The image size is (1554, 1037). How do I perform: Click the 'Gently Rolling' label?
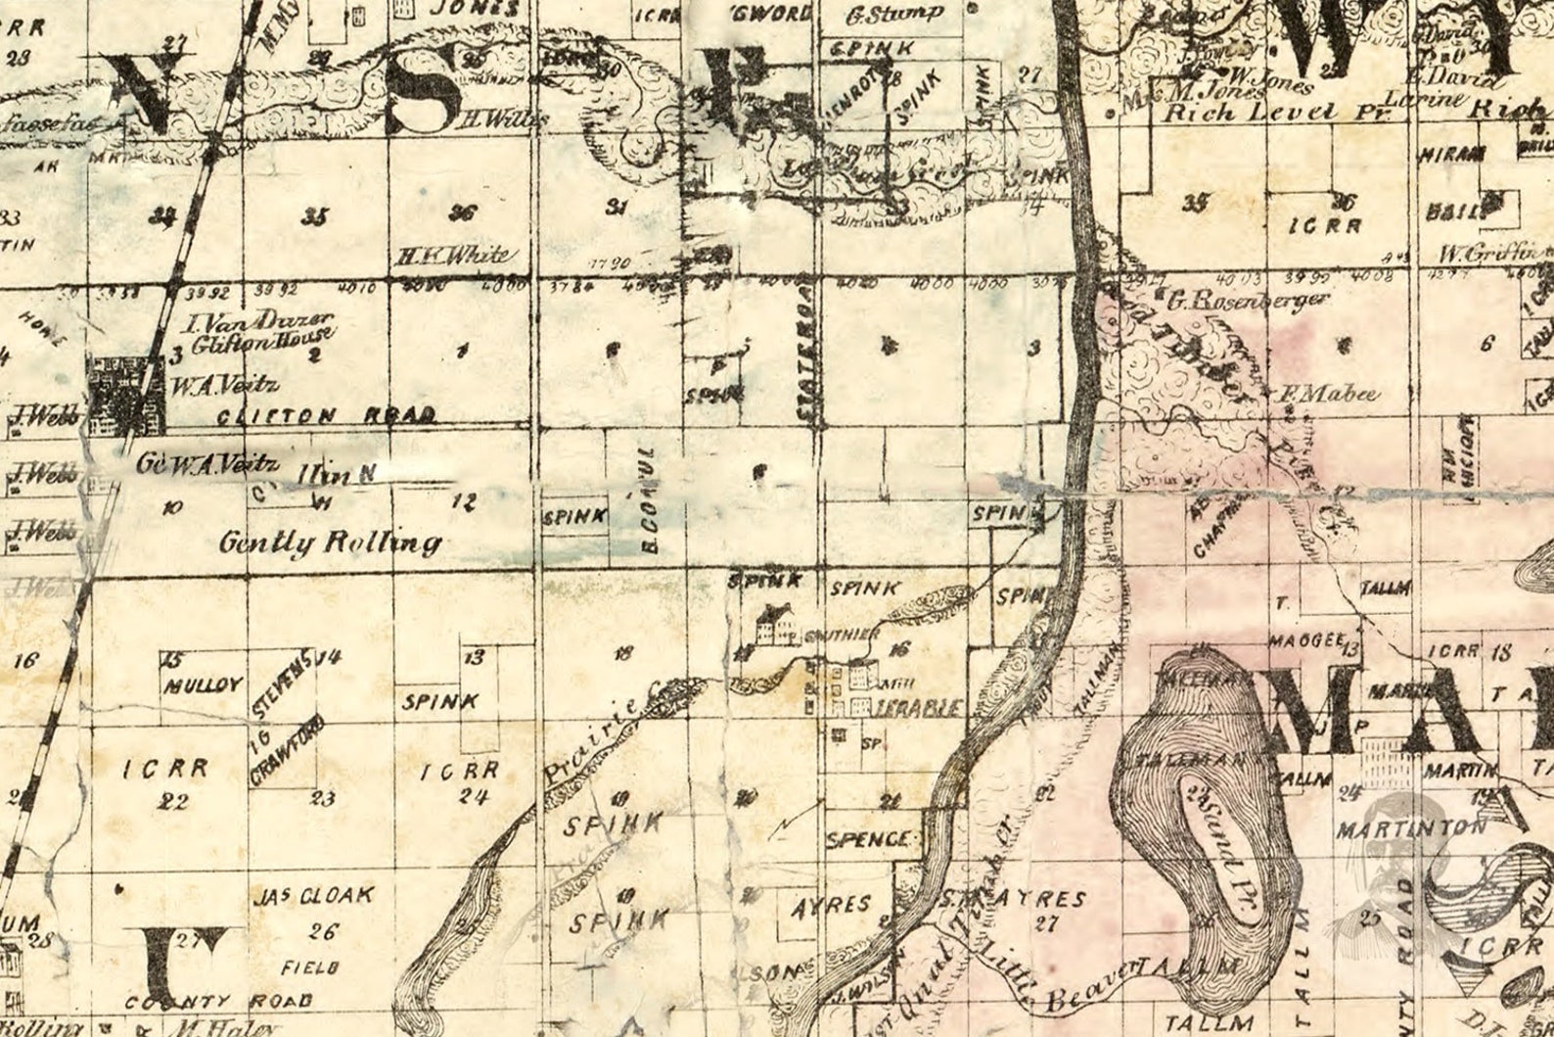pos(330,542)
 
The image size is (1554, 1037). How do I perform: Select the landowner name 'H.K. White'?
pos(451,256)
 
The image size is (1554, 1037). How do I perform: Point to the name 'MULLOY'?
pos(202,684)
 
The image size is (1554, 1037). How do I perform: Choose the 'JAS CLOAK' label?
pos(311,895)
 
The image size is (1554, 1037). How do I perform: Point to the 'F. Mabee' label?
pos(1329,395)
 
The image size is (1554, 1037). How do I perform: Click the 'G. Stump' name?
pos(893,15)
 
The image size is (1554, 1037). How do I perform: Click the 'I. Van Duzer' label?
pos(262,323)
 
